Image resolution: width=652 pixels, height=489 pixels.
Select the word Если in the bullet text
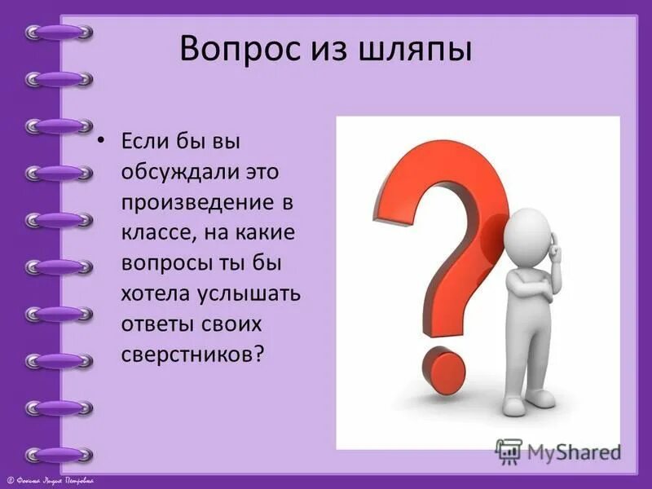144,144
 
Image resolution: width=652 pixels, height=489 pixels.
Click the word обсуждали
175,173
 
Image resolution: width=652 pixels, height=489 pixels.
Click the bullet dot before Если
102,143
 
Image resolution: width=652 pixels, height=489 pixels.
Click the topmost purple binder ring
59,33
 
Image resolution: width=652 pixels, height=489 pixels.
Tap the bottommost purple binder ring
59,454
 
